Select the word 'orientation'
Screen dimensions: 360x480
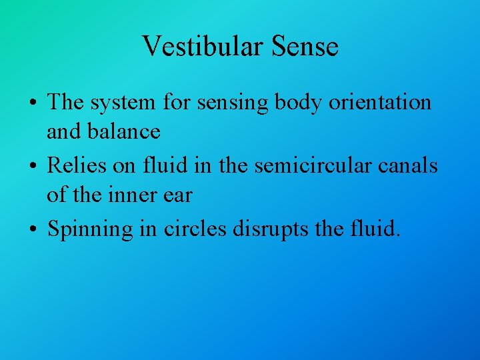(381, 103)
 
